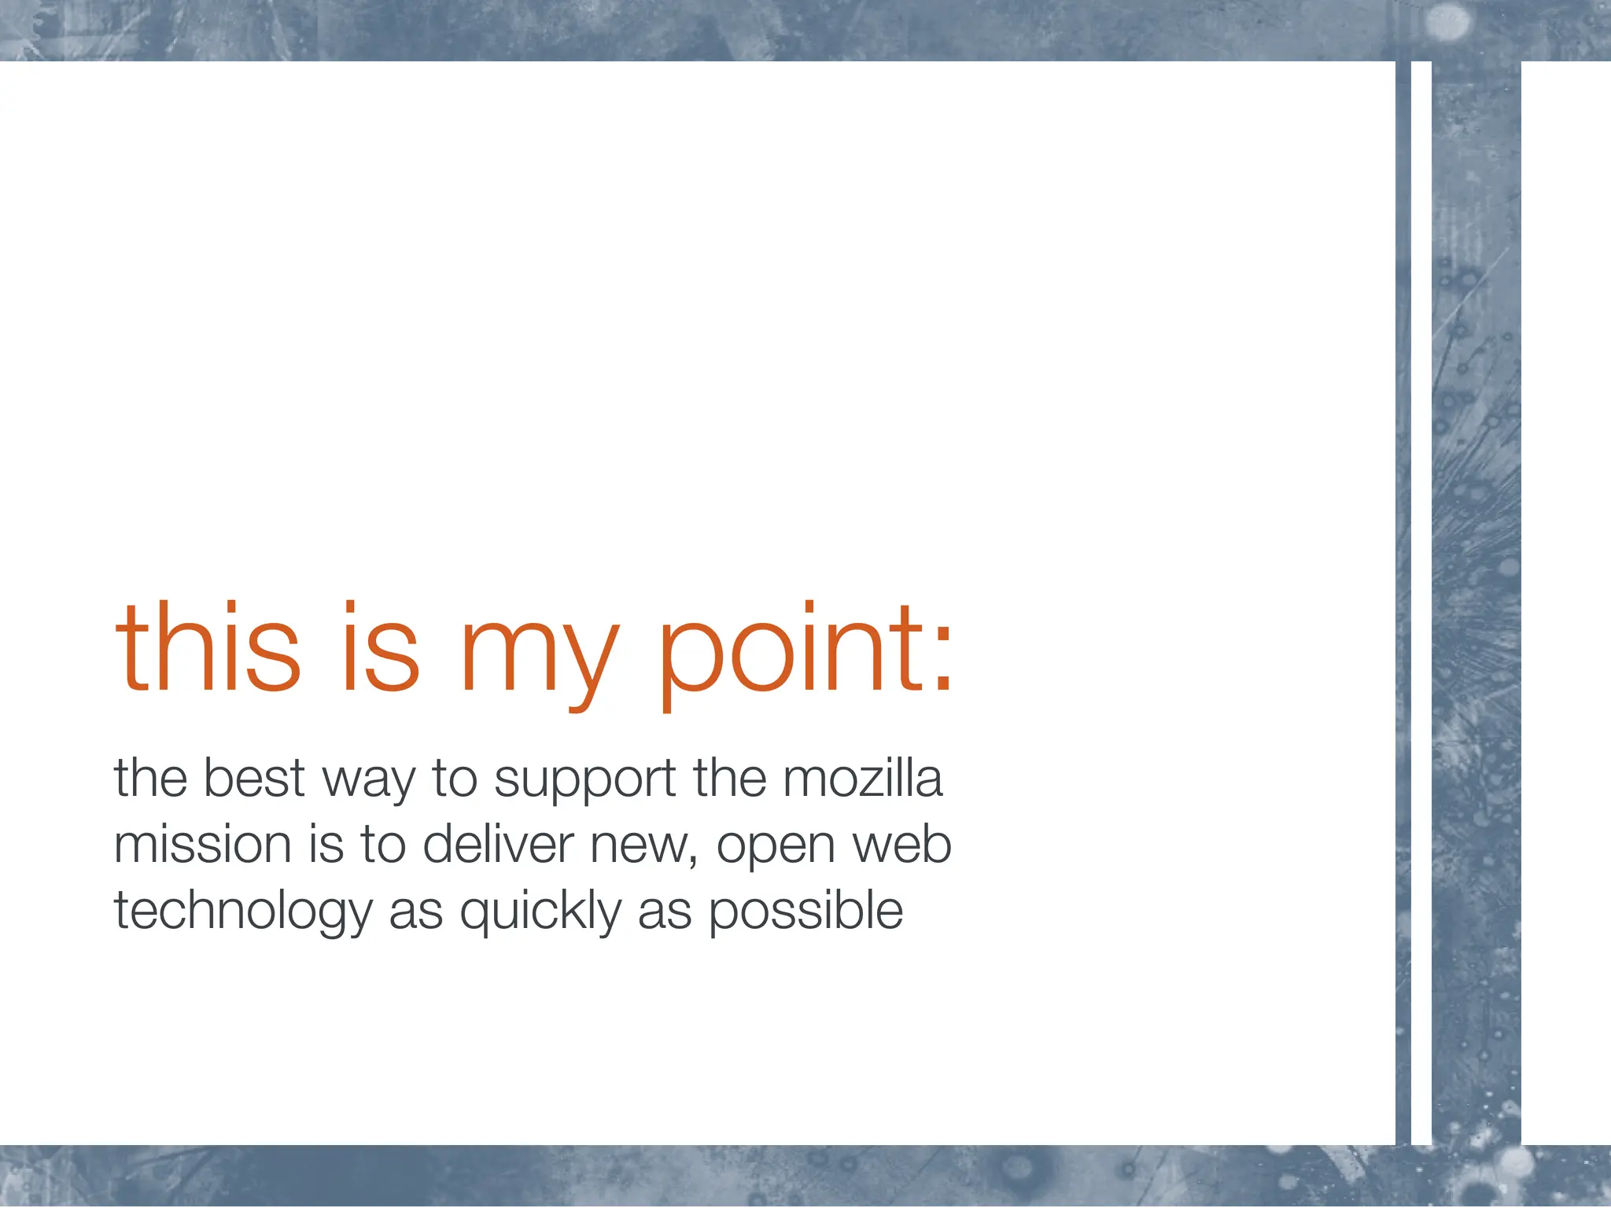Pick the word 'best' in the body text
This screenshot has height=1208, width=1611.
tap(253, 778)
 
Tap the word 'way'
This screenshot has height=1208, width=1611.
tap(368, 783)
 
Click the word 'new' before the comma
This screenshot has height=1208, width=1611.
tap(638, 848)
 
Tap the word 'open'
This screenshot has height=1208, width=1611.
tap(775, 849)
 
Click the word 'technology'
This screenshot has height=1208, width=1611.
tap(242, 912)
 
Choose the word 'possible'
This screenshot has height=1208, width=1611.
tap(805, 912)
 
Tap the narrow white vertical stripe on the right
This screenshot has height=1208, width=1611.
tap(1421, 598)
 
